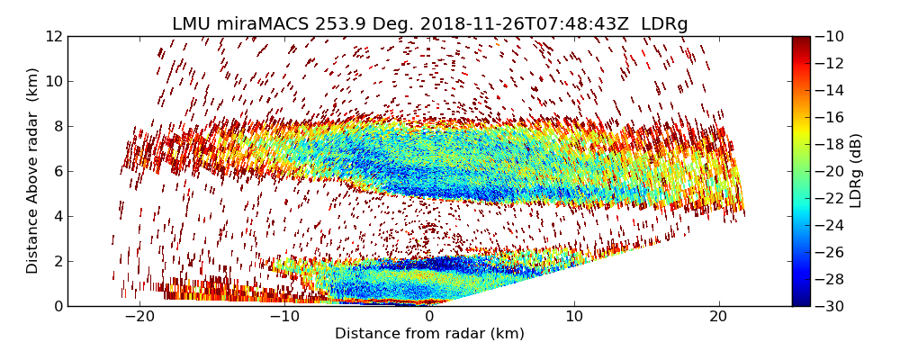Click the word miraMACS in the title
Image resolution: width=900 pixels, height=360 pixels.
pos(265,24)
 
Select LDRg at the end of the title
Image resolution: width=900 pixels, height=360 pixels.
pos(664,24)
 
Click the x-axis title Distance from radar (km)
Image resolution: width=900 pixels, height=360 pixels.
pos(429,334)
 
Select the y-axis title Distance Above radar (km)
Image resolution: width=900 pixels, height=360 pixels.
pos(33,170)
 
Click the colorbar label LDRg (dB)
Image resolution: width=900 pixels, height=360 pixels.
pos(856,170)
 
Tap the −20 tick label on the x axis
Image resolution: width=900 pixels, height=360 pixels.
pos(139,317)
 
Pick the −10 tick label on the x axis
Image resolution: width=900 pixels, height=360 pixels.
pos(284,317)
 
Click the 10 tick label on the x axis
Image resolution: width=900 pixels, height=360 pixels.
pos(574,317)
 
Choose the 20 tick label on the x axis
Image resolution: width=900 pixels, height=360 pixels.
pos(719,317)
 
